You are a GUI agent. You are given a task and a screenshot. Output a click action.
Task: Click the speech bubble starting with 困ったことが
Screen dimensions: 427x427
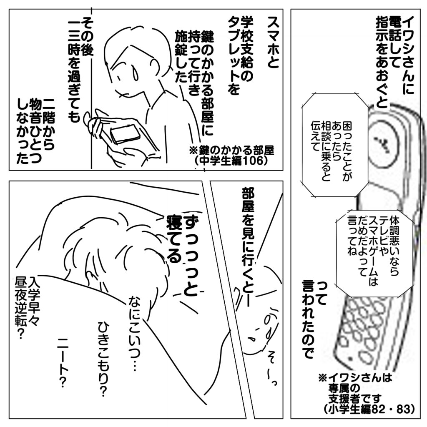coord(335,145)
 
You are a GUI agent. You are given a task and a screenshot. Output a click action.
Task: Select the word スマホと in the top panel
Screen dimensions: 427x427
coord(273,42)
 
